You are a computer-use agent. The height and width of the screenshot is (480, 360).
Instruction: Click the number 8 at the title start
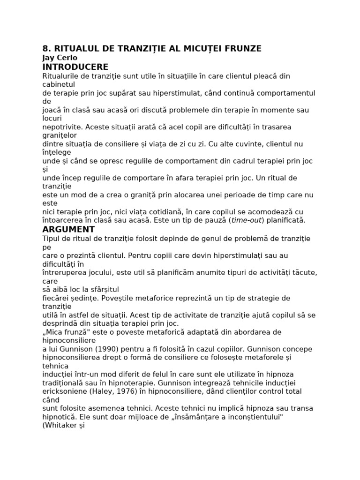pos(45,49)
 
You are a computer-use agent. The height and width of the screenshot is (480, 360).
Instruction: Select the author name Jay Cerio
pos(60,58)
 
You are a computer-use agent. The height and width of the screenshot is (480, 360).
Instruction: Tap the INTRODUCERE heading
pos(75,67)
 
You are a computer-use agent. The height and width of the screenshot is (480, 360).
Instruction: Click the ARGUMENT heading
pos(68,229)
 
